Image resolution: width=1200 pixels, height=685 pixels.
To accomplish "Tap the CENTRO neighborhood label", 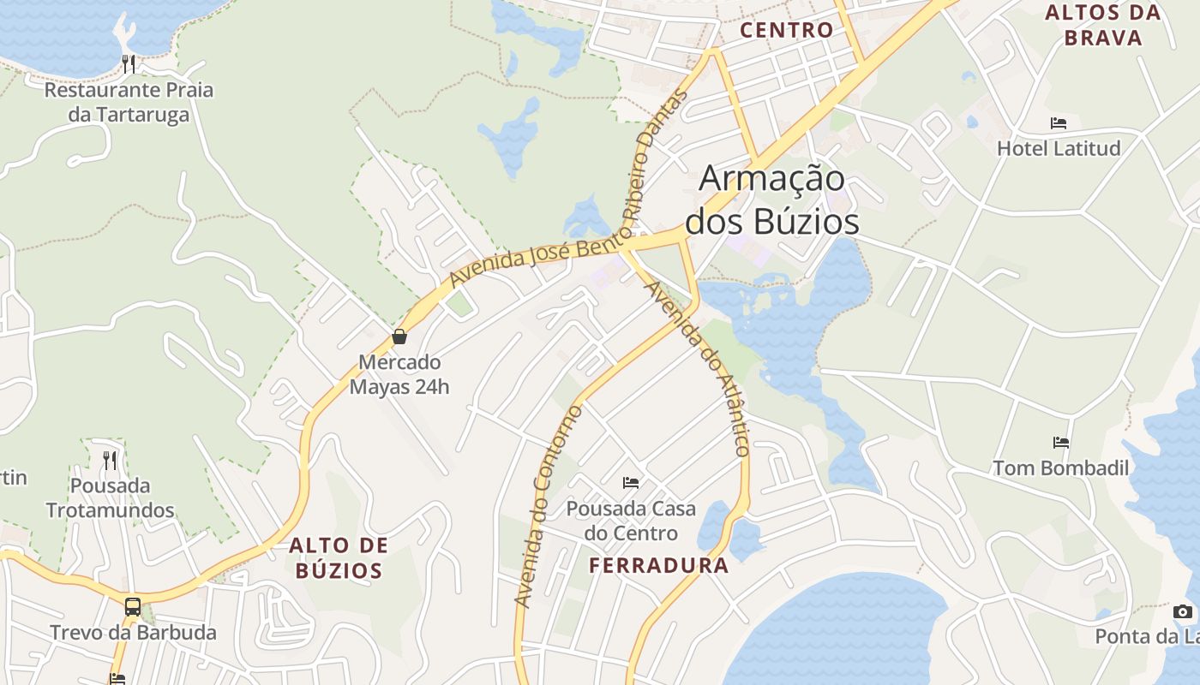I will point(786,30).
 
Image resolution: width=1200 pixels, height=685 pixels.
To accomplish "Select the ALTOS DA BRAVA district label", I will point(1103,25).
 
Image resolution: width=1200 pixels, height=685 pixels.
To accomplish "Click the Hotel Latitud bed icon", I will point(1059,123).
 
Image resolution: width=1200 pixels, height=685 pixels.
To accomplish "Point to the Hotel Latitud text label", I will point(1059,148).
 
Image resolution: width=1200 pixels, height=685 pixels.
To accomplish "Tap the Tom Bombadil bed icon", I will point(1061,443).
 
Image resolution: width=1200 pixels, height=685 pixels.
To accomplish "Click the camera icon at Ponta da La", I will point(1183,611).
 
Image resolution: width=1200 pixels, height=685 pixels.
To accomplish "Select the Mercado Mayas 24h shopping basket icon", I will point(399,337).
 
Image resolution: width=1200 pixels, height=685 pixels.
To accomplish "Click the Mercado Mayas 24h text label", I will point(399,374).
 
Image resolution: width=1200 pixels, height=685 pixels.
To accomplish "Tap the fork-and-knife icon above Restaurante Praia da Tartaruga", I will point(129,63).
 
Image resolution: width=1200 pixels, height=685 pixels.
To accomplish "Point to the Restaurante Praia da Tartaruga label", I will point(129,102).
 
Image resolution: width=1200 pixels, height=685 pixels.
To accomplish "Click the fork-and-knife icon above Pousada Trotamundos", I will point(110,461).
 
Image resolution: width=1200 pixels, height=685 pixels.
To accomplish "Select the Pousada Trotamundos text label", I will point(110,498).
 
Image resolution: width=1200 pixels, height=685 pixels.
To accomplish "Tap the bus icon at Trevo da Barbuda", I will point(133,607).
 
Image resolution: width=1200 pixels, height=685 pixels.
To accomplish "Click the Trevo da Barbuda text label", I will point(133,633).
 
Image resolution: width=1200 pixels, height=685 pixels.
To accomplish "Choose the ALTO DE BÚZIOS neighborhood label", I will point(339,557).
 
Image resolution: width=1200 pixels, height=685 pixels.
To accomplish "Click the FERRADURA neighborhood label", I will point(659,565).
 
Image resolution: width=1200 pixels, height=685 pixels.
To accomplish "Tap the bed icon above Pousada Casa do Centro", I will point(631,483).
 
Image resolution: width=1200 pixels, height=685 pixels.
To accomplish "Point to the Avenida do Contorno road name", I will point(548,507).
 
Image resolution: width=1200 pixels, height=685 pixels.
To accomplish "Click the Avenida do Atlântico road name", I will point(699,368).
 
